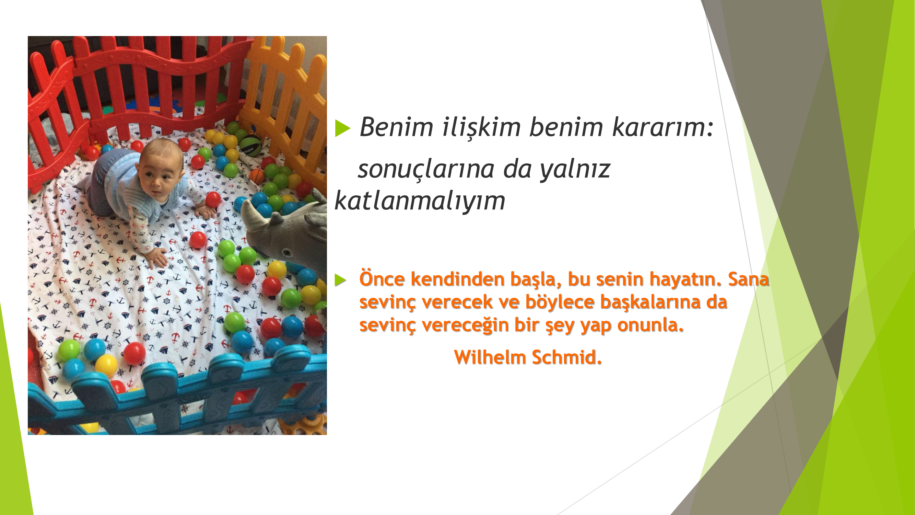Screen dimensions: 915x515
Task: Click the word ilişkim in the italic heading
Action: coord(481,127)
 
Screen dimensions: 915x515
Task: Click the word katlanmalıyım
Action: coord(420,200)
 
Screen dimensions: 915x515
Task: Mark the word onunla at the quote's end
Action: coord(650,325)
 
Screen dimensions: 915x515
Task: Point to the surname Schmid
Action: coord(566,357)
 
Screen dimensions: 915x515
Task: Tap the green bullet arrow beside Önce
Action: coord(340,280)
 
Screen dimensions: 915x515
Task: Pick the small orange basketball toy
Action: coord(257,175)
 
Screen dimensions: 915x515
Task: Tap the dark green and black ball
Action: coord(250,145)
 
